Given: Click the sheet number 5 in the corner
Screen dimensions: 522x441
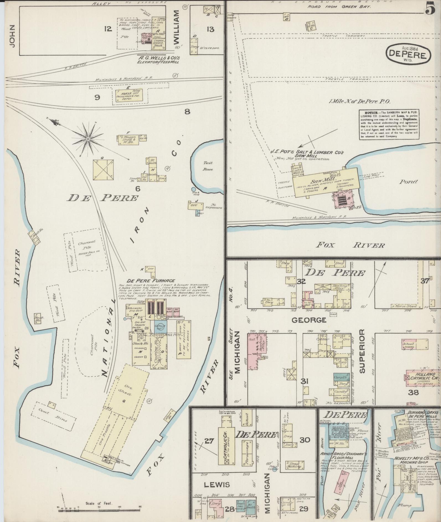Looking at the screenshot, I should [x=430, y=9].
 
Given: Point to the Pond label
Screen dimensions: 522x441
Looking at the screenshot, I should [x=409, y=181].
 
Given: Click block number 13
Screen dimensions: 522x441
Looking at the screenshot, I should [x=210, y=29].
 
